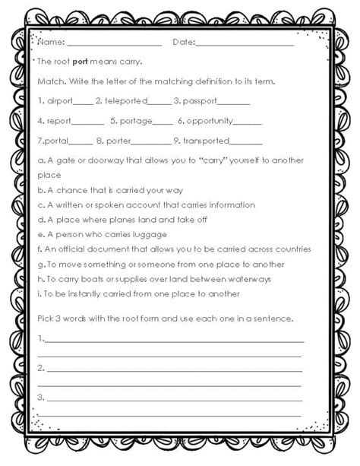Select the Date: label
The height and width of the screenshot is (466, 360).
[183, 43]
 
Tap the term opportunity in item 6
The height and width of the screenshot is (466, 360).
[210, 120]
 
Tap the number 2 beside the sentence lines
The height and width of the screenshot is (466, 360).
[39, 367]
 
